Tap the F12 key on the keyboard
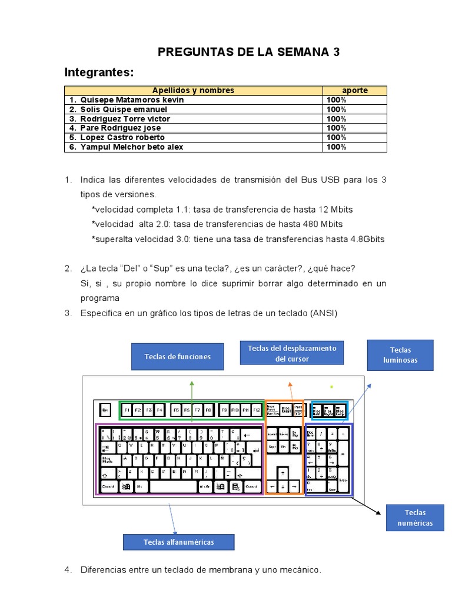point(257,409)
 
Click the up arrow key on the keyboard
point(284,472)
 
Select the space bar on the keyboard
point(173,486)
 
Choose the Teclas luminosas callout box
point(400,354)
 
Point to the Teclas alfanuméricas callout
point(178,542)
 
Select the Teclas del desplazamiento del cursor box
point(291,353)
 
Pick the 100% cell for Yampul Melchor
point(337,147)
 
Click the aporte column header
point(355,90)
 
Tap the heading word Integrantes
point(99,72)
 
